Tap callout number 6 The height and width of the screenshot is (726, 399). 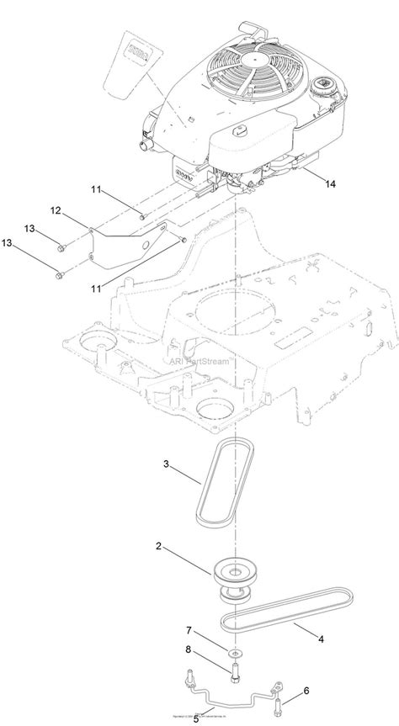306,690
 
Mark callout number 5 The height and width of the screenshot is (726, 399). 195,718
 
